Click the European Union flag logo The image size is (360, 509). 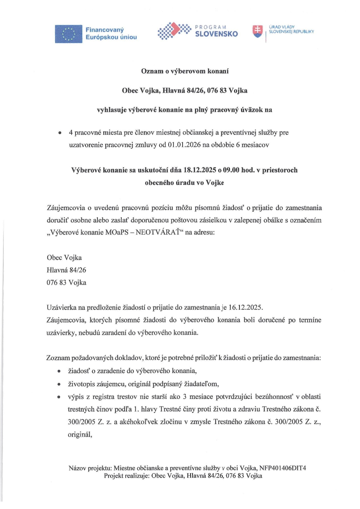coord(69,33)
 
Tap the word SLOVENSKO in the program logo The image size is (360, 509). coord(216,34)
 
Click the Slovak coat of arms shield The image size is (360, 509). coord(258,31)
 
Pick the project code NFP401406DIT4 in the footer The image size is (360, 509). coord(283,468)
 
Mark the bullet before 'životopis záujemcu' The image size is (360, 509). coord(59,385)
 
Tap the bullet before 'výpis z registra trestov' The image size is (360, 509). coord(59,397)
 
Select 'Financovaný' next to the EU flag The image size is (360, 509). coord(105,30)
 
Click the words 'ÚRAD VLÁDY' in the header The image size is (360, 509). coord(280,26)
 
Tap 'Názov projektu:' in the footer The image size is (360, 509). coord(87,468)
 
